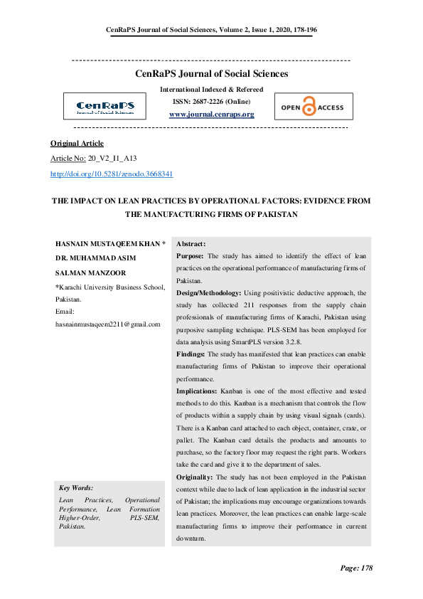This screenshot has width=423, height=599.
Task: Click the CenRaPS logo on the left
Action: pos(105,107)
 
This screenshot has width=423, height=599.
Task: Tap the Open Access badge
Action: pos(313,107)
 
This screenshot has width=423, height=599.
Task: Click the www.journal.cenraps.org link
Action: pos(211,115)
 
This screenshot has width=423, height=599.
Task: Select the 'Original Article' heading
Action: pos(77,143)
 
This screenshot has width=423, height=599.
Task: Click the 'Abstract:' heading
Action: pos(191,243)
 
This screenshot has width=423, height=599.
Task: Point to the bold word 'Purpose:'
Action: pos(191,255)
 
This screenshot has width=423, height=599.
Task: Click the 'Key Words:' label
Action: pos(75,488)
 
